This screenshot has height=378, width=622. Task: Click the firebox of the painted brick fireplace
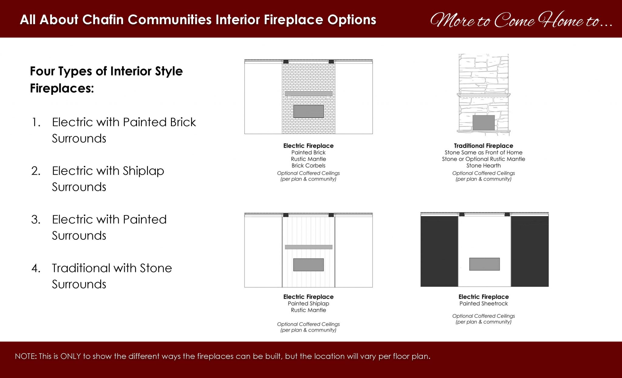(x=308, y=111)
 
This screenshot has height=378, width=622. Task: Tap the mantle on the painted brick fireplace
(x=308, y=94)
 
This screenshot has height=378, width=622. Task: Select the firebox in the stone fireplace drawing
(x=484, y=123)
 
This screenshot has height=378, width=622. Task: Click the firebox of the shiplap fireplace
(x=308, y=265)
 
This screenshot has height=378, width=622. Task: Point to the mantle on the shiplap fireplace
(x=308, y=247)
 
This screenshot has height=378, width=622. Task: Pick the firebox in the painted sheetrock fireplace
(x=484, y=264)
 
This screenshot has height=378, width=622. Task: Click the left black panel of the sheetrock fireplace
(x=439, y=251)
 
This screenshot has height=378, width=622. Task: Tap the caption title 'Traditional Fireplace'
(x=484, y=146)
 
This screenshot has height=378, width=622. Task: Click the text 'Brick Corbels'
(x=308, y=166)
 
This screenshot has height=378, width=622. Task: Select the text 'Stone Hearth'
(x=484, y=166)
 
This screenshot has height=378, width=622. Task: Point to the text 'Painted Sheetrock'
(x=484, y=304)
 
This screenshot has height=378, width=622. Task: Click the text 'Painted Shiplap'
(x=308, y=304)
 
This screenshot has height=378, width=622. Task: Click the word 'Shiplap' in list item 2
(x=143, y=171)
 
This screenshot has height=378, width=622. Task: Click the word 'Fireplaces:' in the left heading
(x=62, y=88)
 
